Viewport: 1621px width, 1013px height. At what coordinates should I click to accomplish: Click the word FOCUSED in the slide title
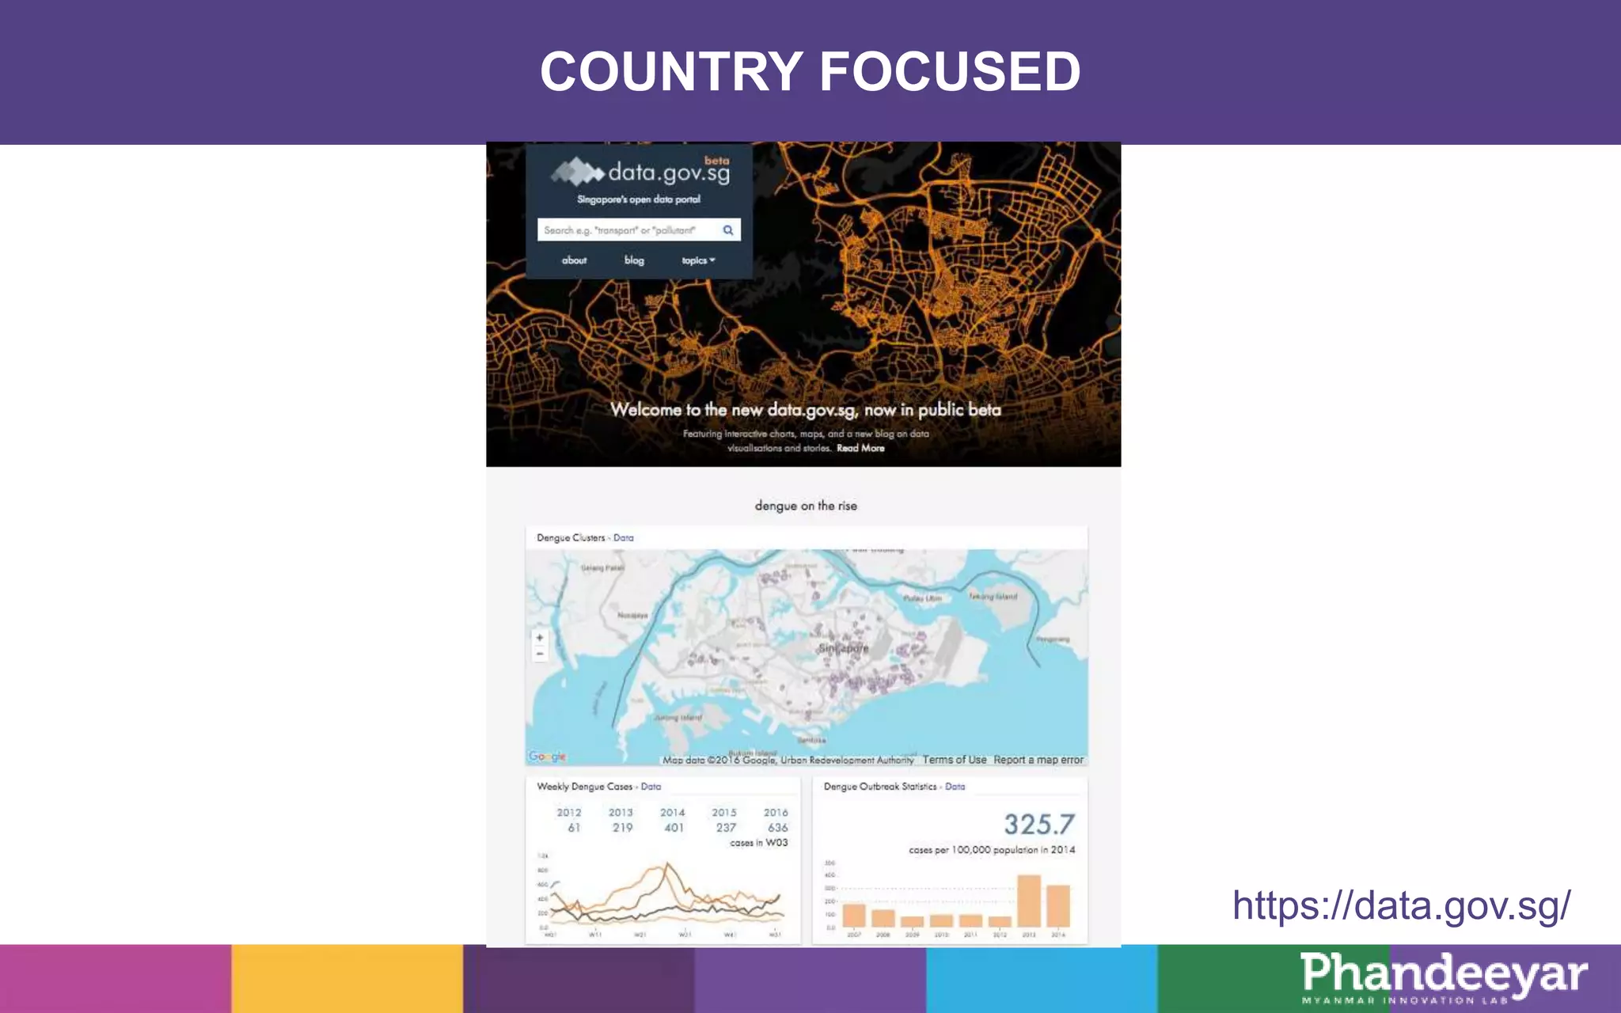(x=950, y=71)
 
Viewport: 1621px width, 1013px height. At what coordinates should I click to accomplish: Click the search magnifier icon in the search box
(x=727, y=230)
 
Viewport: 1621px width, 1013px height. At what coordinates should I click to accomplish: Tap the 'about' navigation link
(x=574, y=260)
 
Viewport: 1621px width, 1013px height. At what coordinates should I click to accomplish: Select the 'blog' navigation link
(x=634, y=260)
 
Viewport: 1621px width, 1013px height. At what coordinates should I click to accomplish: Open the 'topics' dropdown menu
(x=697, y=260)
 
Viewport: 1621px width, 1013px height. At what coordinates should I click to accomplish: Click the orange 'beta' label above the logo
(x=716, y=161)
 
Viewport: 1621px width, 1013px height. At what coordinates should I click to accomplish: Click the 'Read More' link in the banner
(x=860, y=448)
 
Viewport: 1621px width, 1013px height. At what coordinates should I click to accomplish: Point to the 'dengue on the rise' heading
(x=805, y=506)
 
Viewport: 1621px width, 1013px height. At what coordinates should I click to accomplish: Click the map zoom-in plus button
(x=540, y=637)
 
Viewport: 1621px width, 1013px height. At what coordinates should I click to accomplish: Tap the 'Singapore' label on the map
(x=843, y=648)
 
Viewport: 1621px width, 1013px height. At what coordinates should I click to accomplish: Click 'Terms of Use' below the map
(x=954, y=760)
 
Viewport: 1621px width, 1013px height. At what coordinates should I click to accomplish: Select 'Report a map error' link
(x=1038, y=760)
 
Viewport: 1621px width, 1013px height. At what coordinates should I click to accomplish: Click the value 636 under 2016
(x=777, y=828)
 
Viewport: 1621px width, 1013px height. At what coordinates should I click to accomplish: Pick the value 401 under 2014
(x=674, y=828)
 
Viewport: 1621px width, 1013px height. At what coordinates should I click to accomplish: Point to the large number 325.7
(x=1038, y=825)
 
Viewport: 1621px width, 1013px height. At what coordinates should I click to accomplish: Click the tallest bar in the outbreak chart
(x=1028, y=901)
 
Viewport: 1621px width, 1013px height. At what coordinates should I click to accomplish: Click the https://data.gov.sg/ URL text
(x=1401, y=905)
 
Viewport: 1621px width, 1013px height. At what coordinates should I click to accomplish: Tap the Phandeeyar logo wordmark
(x=1443, y=973)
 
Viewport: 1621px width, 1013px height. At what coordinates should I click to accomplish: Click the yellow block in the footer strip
(x=347, y=978)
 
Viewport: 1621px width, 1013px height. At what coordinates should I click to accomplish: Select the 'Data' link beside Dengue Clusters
(x=623, y=538)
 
